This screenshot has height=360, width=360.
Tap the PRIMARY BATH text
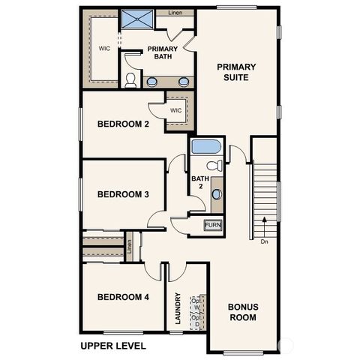pos(161,52)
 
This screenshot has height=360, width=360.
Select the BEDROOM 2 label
pos(123,124)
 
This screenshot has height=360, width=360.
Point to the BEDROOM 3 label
pos(123,194)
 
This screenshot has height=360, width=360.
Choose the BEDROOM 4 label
pos(123,297)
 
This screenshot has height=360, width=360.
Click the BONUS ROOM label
pos(243,312)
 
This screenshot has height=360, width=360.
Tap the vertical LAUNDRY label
pos(178,307)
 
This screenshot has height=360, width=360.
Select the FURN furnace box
pos(213,225)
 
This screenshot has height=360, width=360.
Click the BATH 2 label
pos(199,183)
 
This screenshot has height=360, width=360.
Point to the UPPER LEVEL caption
pos(112,346)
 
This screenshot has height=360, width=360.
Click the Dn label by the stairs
pos(264,241)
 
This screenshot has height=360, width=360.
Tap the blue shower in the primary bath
pos(139,19)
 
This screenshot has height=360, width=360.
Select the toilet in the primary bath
pos(131,79)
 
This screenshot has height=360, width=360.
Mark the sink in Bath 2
pos(216,193)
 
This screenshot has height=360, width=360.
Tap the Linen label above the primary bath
pos(175,13)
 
